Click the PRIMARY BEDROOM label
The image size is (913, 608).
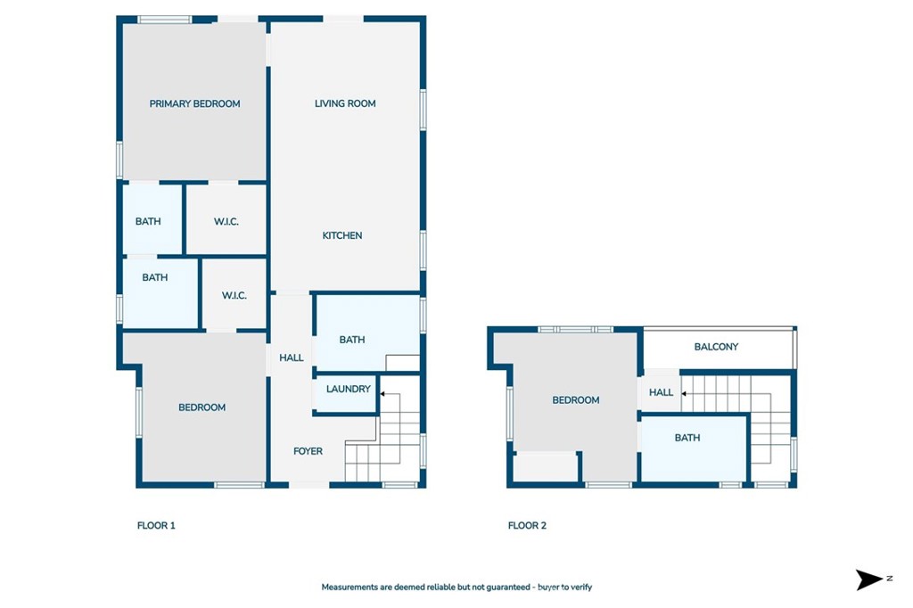[x=194, y=103]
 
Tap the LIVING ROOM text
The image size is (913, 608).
[x=345, y=103]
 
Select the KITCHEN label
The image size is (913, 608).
[x=342, y=235]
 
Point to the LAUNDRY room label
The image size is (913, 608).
[x=348, y=390]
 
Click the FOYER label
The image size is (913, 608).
[x=308, y=451]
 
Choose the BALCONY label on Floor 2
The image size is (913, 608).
[x=716, y=347]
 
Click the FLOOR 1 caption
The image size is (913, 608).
[x=156, y=526]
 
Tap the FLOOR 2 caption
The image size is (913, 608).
[x=527, y=526]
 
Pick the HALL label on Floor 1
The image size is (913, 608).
[x=292, y=358]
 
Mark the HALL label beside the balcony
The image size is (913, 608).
[x=661, y=392]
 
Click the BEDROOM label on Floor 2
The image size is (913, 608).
[x=576, y=400]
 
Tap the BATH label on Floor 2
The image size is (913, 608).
[x=687, y=438]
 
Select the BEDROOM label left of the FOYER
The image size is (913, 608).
[x=202, y=407]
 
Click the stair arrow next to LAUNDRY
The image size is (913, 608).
[x=382, y=392]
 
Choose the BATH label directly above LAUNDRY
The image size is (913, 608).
[x=352, y=340]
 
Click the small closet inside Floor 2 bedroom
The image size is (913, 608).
[x=546, y=466]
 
